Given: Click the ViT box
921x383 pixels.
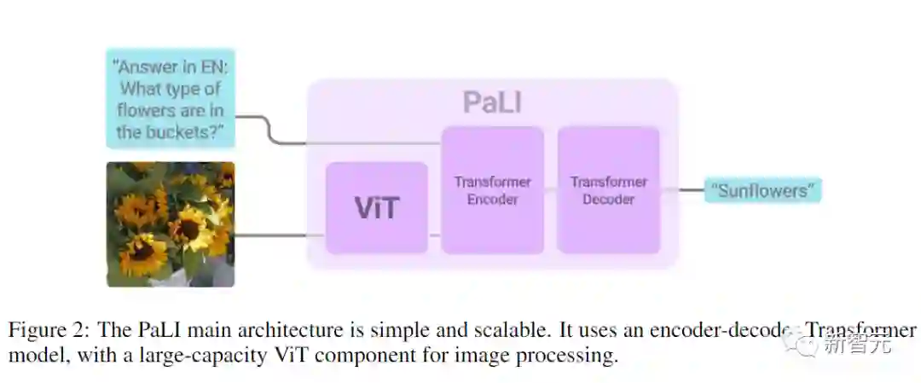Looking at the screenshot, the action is click(376, 207).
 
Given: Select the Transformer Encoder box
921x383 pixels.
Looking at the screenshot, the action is click(492, 190).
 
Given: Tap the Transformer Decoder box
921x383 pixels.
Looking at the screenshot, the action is click(608, 190).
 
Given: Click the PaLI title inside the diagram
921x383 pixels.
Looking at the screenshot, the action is click(492, 102).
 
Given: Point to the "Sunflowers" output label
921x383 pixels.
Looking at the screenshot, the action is click(762, 190).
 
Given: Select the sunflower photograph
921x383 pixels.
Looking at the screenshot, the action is click(170, 224).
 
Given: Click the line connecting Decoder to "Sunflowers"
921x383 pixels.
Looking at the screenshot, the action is click(682, 190).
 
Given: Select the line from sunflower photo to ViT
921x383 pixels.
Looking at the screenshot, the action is click(280, 235).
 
